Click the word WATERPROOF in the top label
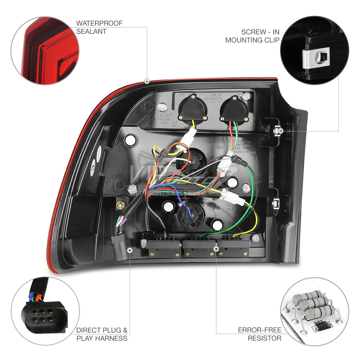[99, 23]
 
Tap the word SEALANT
[91, 31]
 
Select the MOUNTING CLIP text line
[252, 40]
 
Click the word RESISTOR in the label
[264, 338]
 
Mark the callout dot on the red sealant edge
[147, 81]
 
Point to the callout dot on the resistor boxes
[216, 248]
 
